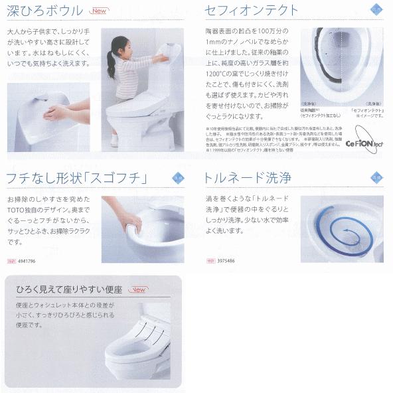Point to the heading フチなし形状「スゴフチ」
pyautogui.click(x=76, y=177)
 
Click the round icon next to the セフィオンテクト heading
pyautogui.click(x=376, y=9)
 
